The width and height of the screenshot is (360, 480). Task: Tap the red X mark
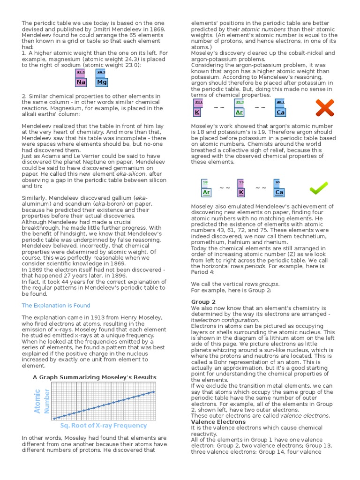coord(324,108)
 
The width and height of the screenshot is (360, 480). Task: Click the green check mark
coord(319,188)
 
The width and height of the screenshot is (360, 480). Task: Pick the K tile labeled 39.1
coord(198,108)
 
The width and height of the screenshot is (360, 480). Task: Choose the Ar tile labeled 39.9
coord(239,108)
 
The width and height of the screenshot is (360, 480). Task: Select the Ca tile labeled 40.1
coord(280,108)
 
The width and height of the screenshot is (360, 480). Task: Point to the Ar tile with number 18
coord(206,188)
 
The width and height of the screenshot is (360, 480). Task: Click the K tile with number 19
coord(241,188)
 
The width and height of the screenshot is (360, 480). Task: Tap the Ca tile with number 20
coord(279,188)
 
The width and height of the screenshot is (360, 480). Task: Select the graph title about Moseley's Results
coord(94,377)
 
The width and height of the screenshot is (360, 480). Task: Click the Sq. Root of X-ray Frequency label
coord(103,426)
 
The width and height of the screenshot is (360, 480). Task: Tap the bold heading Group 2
coord(203,301)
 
